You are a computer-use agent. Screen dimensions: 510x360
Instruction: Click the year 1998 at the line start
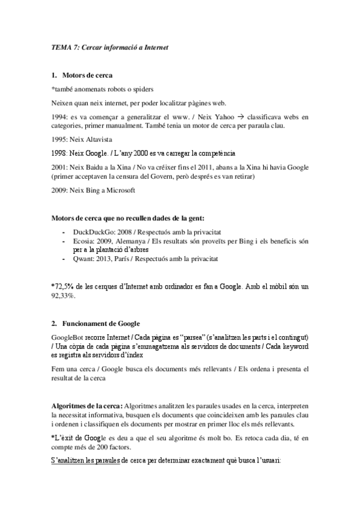point(60,153)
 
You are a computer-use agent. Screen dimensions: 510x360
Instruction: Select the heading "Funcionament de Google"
point(100,324)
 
